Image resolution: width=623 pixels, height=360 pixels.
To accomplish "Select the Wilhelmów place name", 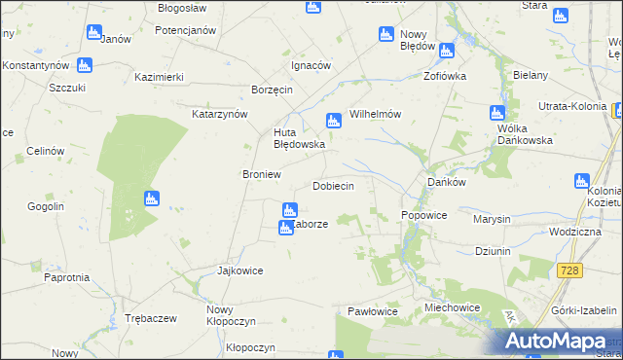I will pyautogui.click(x=375, y=114).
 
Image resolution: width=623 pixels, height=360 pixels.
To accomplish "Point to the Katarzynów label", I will pyautogui.click(x=220, y=114).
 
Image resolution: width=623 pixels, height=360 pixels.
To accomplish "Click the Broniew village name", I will pyautogui.click(x=261, y=174).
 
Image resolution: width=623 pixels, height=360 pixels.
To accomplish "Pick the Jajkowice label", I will pyautogui.click(x=240, y=270).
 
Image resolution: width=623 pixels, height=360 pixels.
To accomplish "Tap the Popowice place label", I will pyautogui.click(x=423, y=215).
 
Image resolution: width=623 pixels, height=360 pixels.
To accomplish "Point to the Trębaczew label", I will pyautogui.click(x=150, y=318).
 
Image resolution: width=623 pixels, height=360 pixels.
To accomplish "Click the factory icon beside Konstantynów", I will pyautogui.click(x=85, y=65).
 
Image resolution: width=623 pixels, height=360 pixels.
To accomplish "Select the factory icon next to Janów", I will pyautogui.click(x=93, y=33).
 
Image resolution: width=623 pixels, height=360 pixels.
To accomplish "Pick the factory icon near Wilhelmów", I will pyautogui.click(x=333, y=121).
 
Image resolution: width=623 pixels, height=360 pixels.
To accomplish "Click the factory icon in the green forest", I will pyautogui.click(x=151, y=199).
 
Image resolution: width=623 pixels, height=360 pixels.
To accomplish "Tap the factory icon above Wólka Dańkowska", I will pyautogui.click(x=497, y=113).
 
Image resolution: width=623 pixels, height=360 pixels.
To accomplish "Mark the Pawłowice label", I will pyautogui.click(x=374, y=311).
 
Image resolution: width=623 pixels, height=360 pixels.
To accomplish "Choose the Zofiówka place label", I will pyautogui.click(x=445, y=75).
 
